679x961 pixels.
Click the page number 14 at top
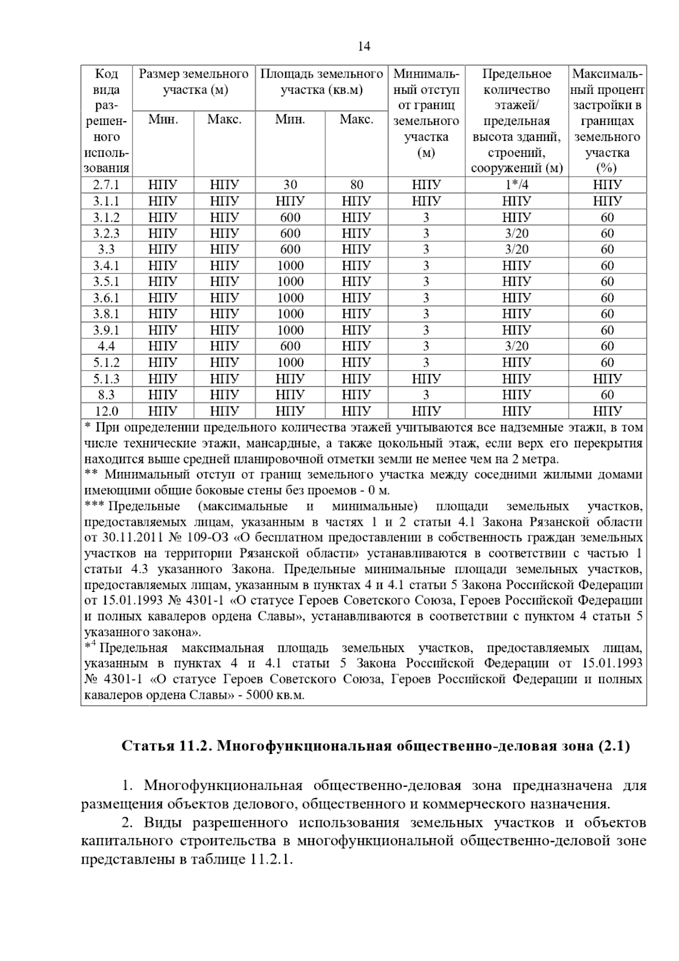(x=364, y=47)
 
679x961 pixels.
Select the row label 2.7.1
(x=106, y=185)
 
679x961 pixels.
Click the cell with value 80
(x=356, y=185)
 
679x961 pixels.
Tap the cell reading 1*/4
(x=517, y=185)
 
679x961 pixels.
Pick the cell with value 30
(x=290, y=185)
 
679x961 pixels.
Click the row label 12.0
(x=106, y=411)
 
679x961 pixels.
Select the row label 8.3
(x=106, y=395)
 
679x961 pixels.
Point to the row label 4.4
(x=106, y=346)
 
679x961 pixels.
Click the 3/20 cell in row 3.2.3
(x=517, y=234)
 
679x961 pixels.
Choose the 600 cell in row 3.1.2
(x=290, y=218)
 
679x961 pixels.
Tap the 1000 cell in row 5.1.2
(x=290, y=363)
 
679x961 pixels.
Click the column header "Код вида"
(x=106, y=82)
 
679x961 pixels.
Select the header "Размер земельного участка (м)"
(x=194, y=82)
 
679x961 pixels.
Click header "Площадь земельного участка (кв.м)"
(x=321, y=82)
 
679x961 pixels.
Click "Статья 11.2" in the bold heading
(x=164, y=746)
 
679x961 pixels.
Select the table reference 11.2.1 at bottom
(x=269, y=859)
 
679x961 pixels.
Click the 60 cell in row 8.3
(x=607, y=395)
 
